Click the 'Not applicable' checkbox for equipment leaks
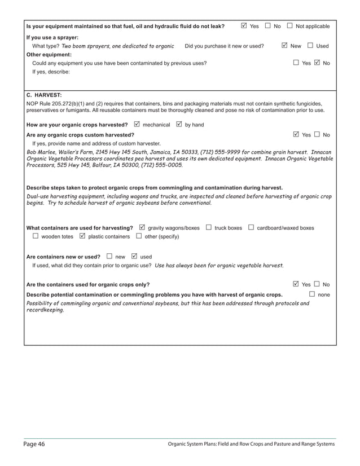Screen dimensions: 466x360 click(289, 26)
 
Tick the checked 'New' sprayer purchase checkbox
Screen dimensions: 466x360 click(284, 46)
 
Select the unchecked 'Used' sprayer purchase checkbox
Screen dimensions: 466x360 click(310, 46)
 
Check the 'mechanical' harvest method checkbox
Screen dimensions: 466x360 click(137, 124)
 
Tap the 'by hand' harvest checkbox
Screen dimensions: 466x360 click(179, 124)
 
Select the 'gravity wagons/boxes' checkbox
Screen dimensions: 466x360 click(142, 227)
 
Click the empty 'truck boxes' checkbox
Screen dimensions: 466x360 click(209, 227)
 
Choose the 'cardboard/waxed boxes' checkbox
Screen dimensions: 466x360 click(252, 227)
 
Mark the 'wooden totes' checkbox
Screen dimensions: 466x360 click(36, 236)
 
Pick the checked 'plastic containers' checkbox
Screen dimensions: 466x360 click(83, 236)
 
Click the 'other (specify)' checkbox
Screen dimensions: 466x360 click(139, 236)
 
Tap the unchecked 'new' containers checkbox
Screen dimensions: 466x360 click(109, 256)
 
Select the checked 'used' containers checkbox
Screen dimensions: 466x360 click(134, 256)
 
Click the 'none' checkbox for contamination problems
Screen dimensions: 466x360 click(312, 294)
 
